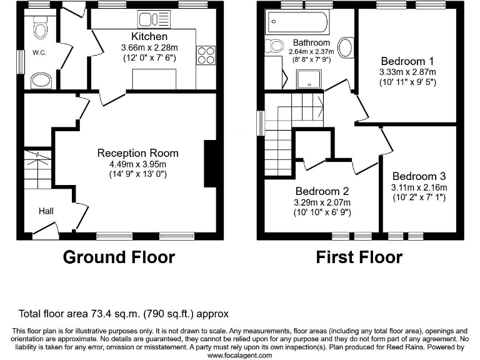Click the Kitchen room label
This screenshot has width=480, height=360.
click(149, 37)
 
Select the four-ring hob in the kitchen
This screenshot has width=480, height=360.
click(206, 56)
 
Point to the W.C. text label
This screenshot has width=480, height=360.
click(41, 53)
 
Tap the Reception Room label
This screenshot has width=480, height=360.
click(137, 153)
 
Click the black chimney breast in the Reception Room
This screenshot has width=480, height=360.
click(210, 164)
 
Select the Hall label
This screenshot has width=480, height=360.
click(46, 211)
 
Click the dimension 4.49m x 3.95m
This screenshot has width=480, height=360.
click(137, 164)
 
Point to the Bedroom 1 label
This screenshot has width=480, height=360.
click(407, 61)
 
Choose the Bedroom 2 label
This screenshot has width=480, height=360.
click(322, 191)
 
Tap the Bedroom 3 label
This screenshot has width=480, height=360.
click(419, 177)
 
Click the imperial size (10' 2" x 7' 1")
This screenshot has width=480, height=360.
click(419, 198)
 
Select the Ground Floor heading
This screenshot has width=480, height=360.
click(119, 257)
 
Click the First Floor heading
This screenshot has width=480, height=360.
click(359, 257)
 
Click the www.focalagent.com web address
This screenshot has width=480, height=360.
click(239, 355)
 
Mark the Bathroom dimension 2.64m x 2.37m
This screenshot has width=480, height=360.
click(311, 52)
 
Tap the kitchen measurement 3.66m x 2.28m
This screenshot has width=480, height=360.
click(149, 47)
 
